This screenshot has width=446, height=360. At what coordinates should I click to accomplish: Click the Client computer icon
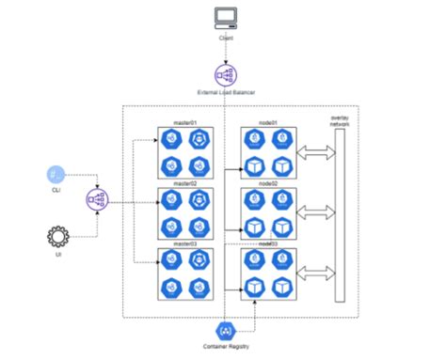pos(225,17)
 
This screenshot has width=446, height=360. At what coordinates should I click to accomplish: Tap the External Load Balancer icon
pos(225,73)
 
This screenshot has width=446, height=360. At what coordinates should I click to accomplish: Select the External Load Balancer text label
pos(225,91)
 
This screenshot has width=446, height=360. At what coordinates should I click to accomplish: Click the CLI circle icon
pos(56,175)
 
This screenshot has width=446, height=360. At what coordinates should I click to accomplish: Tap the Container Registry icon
pos(225,331)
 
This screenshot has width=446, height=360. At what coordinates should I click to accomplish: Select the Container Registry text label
pos(225,349)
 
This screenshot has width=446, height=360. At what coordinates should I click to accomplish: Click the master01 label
pos(184,123)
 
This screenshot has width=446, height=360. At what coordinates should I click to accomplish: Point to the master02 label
pos(184,184)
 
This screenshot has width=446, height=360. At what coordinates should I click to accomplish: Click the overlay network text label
pos(340,119)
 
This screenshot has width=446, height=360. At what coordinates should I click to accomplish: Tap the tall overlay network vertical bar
pos(340,215)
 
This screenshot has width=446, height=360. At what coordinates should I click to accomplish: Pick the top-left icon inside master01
pos(171,140)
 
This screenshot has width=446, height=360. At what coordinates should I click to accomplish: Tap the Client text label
pos(225,38)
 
